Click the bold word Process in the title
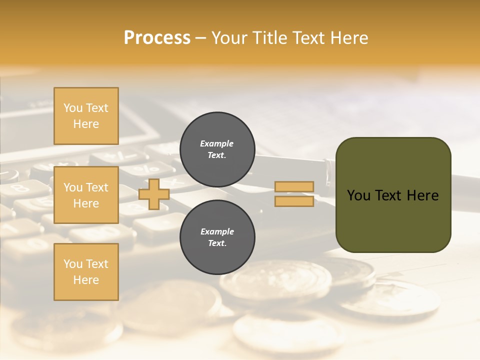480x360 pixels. pos(157,37)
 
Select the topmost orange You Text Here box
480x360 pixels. pos(86,116)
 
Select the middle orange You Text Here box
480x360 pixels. pos(86,195)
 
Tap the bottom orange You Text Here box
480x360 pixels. pos(86,271)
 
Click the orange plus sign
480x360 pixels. pos(153,194)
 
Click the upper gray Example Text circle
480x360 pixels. pos(217,149)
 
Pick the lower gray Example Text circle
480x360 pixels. pos(217,237)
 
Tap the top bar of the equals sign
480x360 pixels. pos(294,187)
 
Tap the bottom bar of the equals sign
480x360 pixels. pos(294,201)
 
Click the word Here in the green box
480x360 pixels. pos(422,195)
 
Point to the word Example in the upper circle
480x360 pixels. pos(217,143)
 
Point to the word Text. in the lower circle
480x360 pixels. pos(217,243)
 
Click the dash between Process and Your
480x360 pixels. pos(200,38)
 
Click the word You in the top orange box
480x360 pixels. pos(73,108)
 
